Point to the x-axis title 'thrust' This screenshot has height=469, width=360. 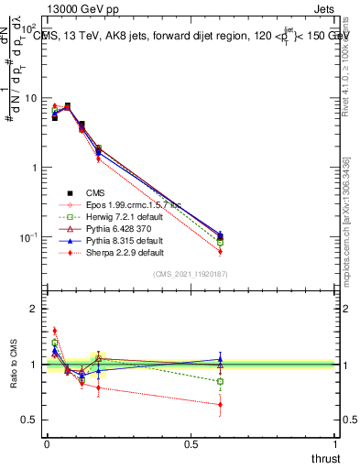point(325,459)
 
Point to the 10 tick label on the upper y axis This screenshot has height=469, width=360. point(28,98)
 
